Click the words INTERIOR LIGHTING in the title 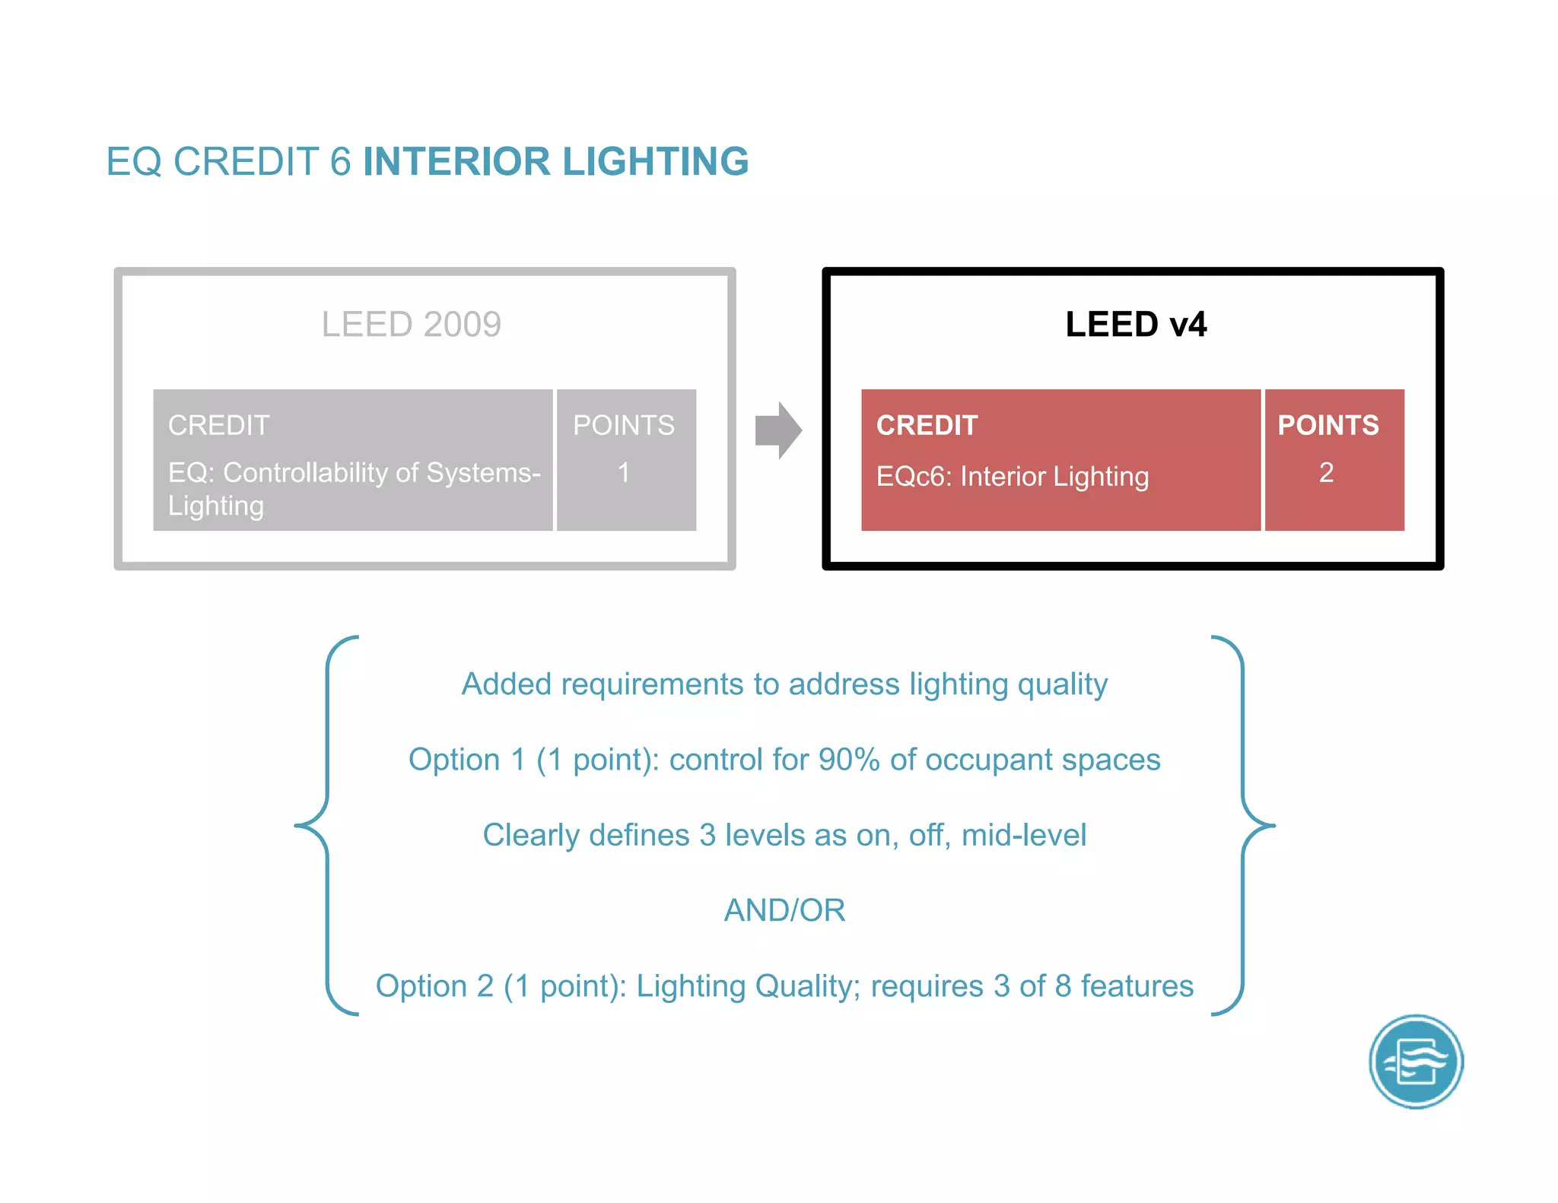(x=555, y=162)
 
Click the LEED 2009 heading (x=411, y=325)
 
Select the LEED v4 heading (x=1135, y=325)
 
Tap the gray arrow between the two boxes (x=778, y=430)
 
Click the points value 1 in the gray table (x=624, y=473)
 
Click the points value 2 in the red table (x=1326, y=473)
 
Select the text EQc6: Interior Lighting (x=1012, y=477)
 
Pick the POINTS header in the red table (x=1327, y=425)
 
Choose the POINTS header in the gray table (x=624, y=425)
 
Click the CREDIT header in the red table (x=927, y=425)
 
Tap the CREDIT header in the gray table (x=219, y=425)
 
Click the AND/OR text (x=784, y=910)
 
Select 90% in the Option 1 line (x=849, y=760)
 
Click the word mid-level (x=1023, y=835)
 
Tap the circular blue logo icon (x=1416, y=1062)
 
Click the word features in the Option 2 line (x=1137, y=986)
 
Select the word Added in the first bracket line (x=506, y=684)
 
